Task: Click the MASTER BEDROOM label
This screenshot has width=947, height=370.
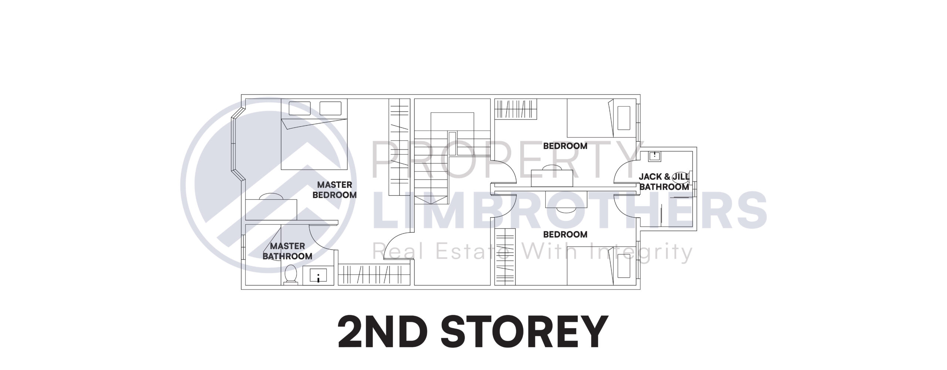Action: pos(334,190)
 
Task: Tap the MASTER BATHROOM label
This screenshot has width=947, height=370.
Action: pos(287,251)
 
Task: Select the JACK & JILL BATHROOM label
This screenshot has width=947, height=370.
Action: pos(664,182)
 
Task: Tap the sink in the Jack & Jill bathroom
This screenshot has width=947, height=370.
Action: pos(654,155)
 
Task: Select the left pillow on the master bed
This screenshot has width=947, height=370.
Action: pos(300,108)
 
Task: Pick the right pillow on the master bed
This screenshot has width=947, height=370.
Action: pos(330,108)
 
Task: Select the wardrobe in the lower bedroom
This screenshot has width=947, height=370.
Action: pos(505,257)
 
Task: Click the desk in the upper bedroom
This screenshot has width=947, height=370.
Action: pos(552,178)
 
